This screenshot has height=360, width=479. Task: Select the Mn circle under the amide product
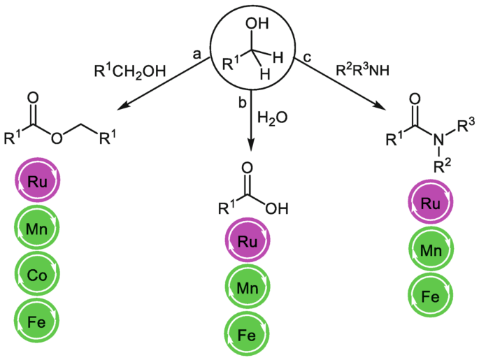[x=431, y=250]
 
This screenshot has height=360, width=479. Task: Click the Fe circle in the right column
[x=431, y=296]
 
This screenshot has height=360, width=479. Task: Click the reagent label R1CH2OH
[x=130, y=71]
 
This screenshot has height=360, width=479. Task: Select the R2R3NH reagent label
[x=360, y=71]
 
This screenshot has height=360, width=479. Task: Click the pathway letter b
[x=241, y=103]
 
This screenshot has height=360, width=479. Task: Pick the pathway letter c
[x=306, y=59]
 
